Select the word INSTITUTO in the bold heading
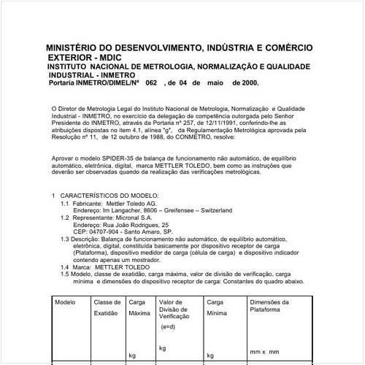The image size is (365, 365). [72, 66]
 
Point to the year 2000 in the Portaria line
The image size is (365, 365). [245, 85]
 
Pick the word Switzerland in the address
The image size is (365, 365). [212, 210]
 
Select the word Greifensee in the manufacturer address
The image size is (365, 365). [171, 210]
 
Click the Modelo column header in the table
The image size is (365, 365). [65, 301]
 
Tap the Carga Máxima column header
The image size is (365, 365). [139, 307]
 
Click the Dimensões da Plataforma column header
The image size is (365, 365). [269, 306]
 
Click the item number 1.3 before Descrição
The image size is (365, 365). [65, 238]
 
